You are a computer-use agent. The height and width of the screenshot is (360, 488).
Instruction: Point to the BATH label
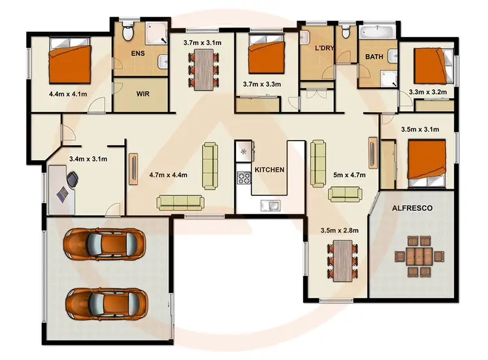click(373, 57)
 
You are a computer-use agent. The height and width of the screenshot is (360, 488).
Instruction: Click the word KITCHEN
click(269, 169)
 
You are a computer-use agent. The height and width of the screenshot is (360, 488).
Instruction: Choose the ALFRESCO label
click(413, 208)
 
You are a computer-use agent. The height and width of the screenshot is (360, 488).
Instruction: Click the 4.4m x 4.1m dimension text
click(67, 93)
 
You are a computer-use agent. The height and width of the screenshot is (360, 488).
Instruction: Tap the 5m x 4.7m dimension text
click(349, 174)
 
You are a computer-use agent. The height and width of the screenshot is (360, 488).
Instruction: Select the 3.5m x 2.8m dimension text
click(338, 230)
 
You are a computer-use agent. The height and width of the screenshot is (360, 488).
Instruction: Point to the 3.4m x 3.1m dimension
click(88, 158)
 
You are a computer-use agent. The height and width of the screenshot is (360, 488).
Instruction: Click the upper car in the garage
click(103, 244)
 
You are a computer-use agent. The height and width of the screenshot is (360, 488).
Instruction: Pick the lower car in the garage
click(105, 302)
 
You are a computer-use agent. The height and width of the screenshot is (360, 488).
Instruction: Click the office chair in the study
click(71, 177)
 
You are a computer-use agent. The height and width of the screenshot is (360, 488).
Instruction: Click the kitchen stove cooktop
click(245, 178)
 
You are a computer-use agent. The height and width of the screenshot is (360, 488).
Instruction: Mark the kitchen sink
click(269, 206)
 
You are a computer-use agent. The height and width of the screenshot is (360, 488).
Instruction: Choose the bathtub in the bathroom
click(377, 32)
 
